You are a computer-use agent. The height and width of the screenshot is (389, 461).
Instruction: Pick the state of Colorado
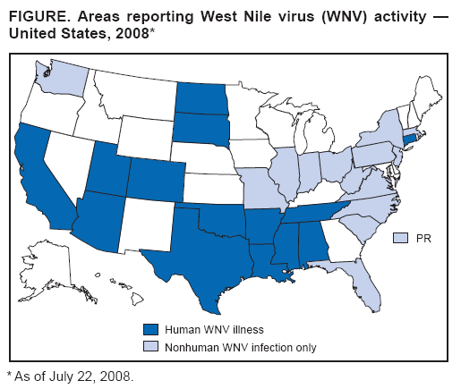click(158, 179)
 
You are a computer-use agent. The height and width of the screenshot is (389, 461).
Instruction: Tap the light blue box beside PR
click(401, 237)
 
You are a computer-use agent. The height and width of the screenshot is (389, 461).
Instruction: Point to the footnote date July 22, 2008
click(98, 376)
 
